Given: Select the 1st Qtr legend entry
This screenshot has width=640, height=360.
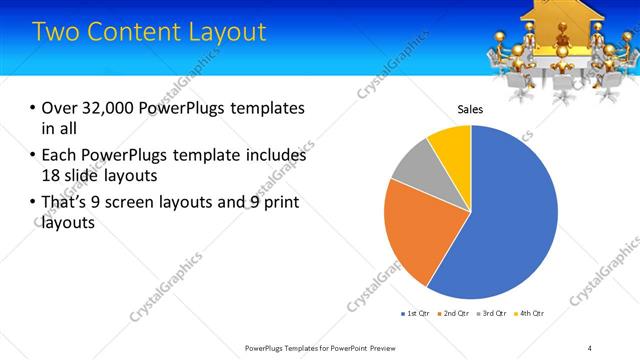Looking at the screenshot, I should point(416,314).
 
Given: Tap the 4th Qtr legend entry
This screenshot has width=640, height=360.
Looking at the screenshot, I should point(530,314).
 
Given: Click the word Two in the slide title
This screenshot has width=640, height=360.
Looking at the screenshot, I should point(55,32).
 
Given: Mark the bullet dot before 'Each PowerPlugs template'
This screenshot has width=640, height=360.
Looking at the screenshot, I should point(33,156).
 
